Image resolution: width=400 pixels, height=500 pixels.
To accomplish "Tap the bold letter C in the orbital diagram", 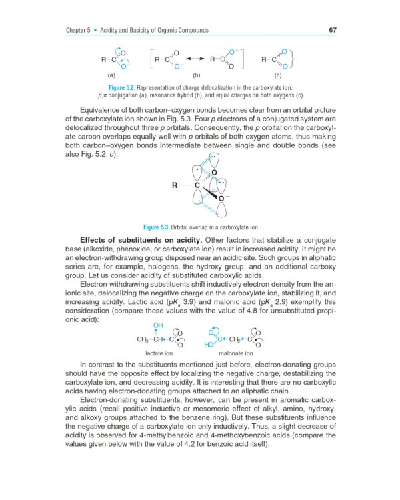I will tap(197, 185).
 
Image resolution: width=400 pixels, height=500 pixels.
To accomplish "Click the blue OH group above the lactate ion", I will tap(158, 325).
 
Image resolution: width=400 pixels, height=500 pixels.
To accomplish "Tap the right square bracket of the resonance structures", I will tap(245, 59).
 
